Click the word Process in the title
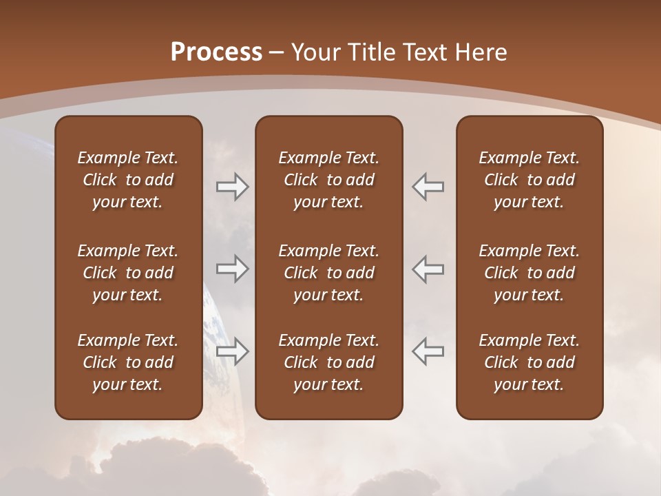point(216,52)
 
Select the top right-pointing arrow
point(232,187)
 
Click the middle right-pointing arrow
point(232,269)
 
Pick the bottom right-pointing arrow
point(232,351)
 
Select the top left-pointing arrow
point(428,187)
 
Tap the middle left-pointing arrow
point(428,269)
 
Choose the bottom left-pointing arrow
point(428,351)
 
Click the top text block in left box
point(128,180)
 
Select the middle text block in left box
point(128,273)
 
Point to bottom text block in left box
point(128,362)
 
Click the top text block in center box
point(328,180)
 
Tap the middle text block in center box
point(328,273)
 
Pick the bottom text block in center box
point(328,362)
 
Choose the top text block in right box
point(529,180)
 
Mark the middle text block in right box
point(529,273)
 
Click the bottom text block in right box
point(529,362)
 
